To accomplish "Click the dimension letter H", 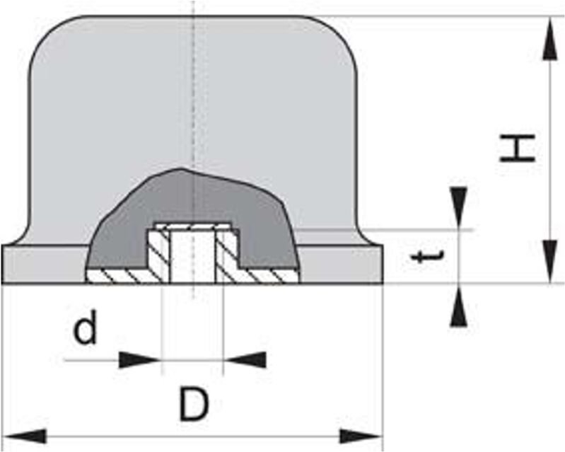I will pyautogui.click(x=518, y=149).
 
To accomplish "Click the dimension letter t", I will pyautogui.click(x=423, y=257).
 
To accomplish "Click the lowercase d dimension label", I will pyautogui.click(x=86, y=330).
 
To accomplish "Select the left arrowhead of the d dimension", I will pyautogui.click(x=140, y=360).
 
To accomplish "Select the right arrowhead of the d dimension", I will pyautogui.click(x=245, y=360).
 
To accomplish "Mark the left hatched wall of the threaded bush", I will pyautogui.click(x=156, y=255).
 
